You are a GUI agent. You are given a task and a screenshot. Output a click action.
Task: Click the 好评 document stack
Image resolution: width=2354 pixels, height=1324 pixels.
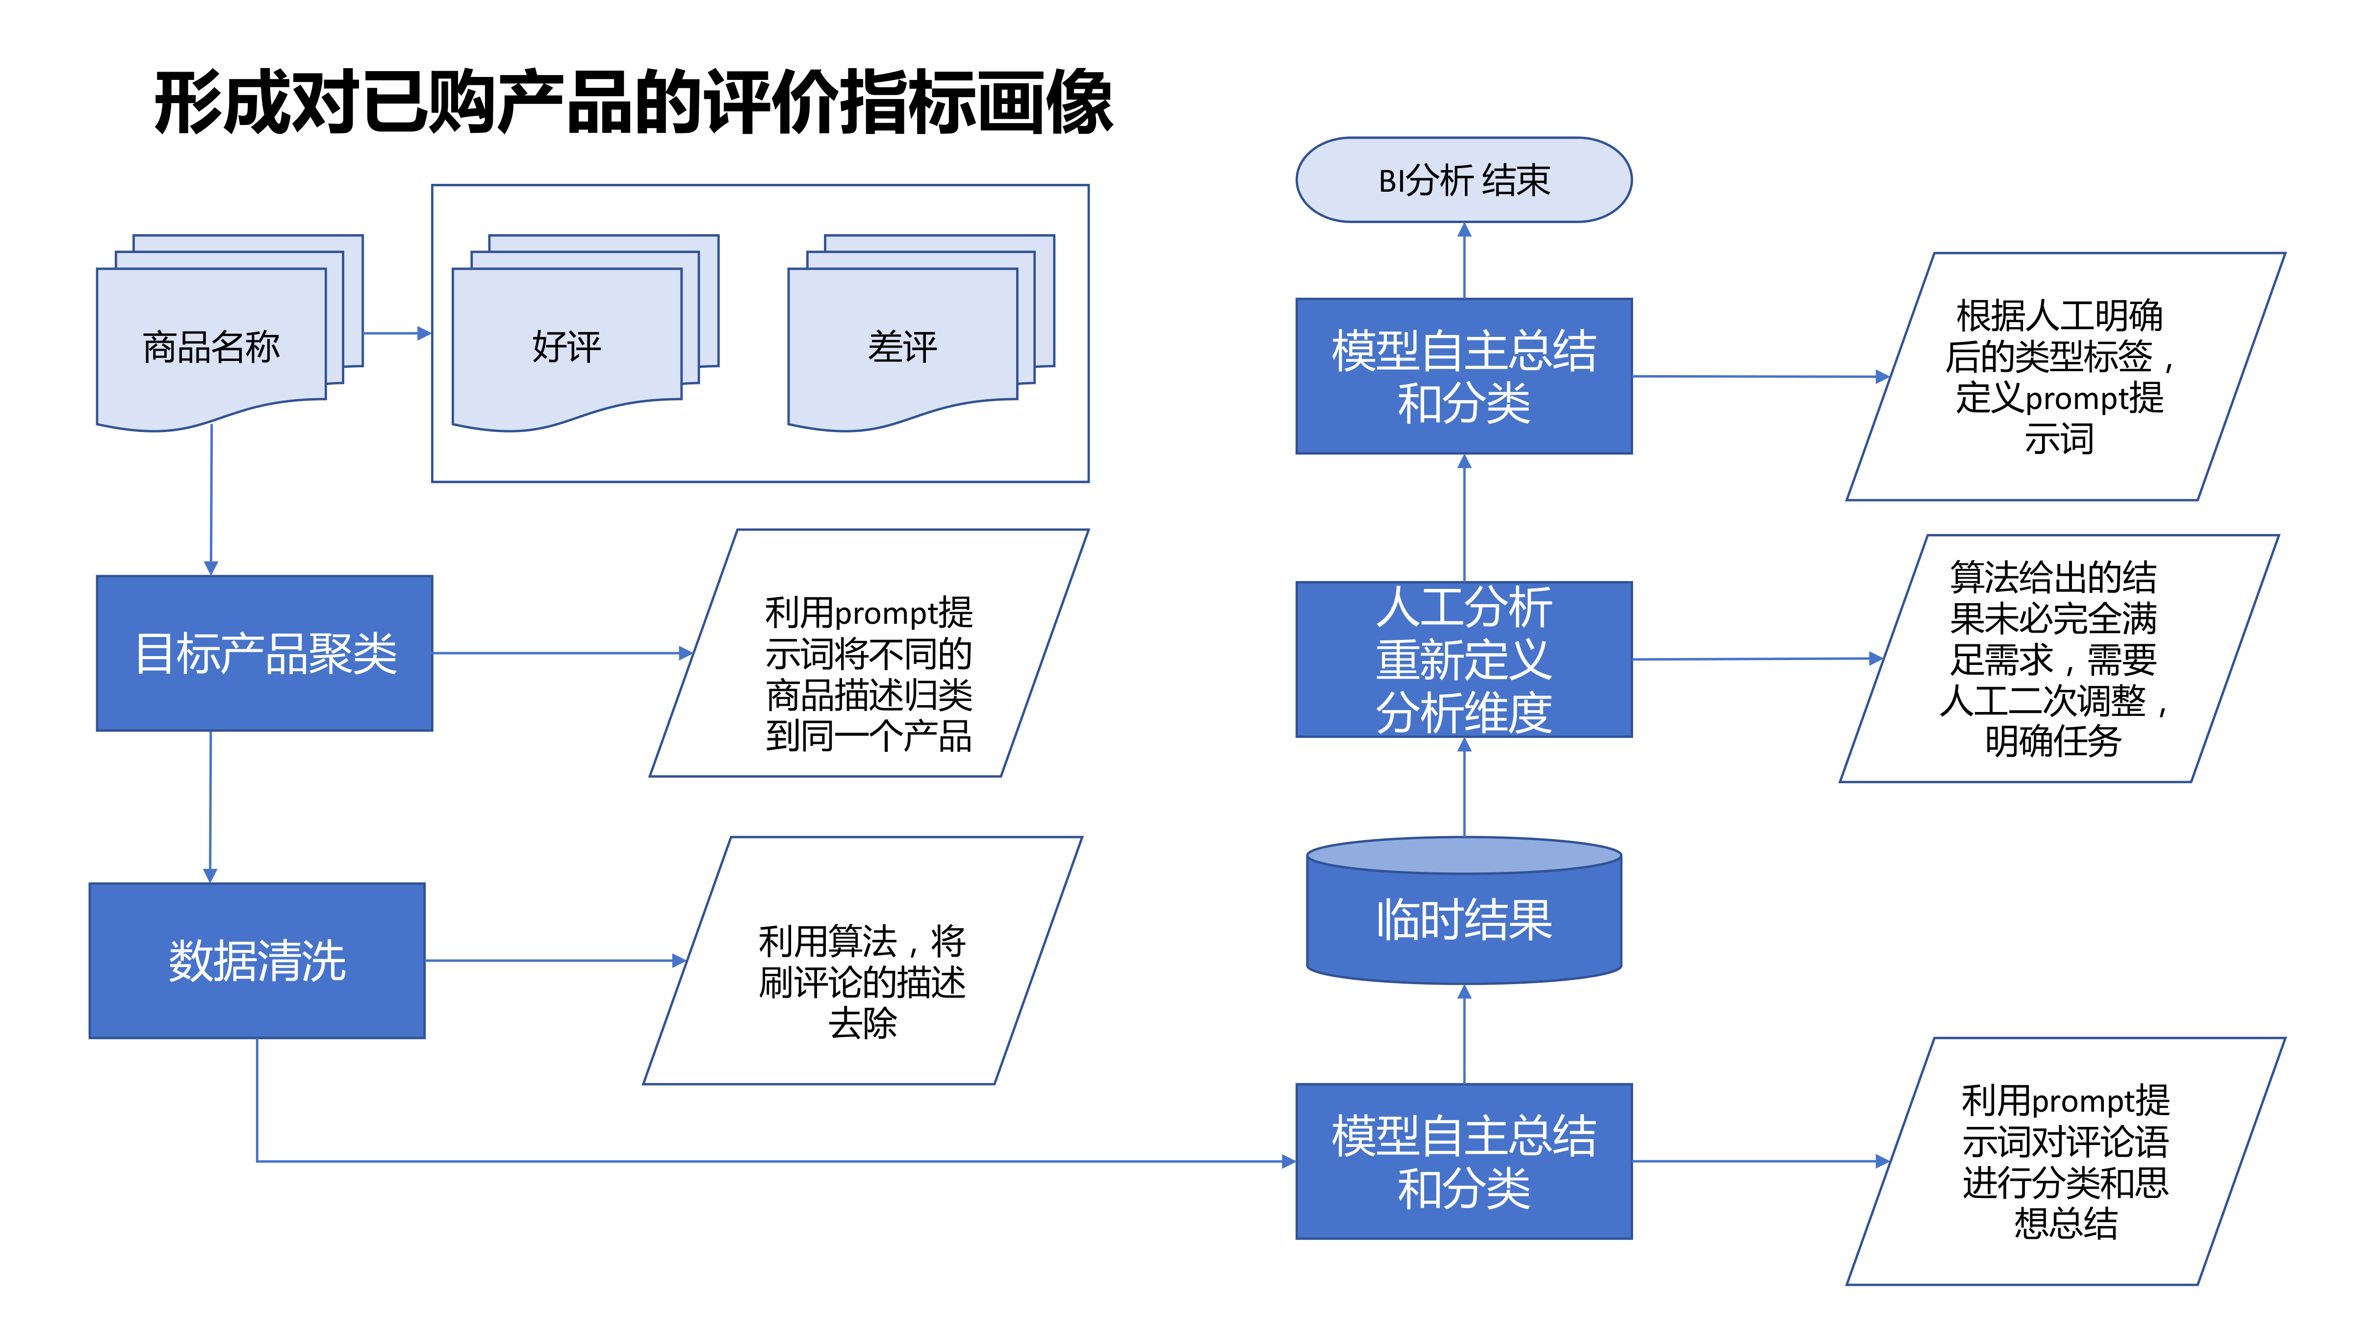click(566, 347)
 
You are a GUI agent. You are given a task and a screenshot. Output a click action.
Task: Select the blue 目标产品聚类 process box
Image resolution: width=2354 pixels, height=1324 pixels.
click(264, 653)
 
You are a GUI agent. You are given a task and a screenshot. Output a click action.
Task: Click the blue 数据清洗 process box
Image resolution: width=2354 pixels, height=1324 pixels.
click(257, 960)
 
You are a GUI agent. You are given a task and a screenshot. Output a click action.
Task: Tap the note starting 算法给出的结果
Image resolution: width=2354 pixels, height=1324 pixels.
click(2056, 659)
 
